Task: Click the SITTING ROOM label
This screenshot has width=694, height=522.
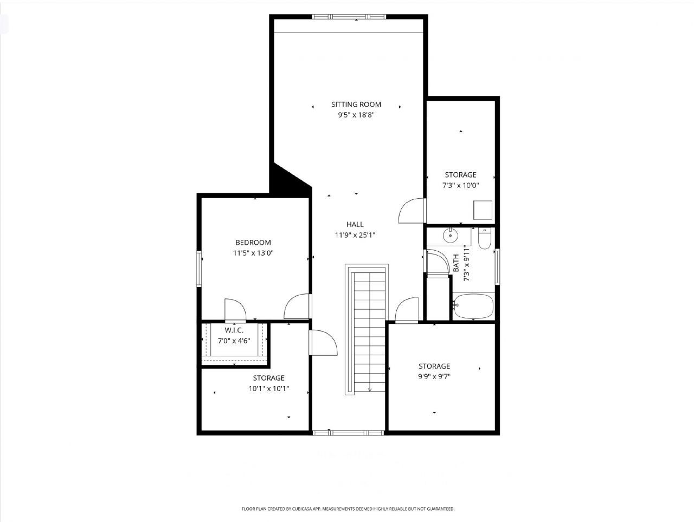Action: (356, 105)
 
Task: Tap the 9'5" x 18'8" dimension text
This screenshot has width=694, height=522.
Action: (356, 115)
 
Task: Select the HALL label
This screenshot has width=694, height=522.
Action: (355, 224)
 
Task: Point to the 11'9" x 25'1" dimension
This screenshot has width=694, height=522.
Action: (355, 235)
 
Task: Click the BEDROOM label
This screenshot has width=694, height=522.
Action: (253, 243)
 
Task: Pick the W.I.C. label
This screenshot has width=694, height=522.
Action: (234, 330)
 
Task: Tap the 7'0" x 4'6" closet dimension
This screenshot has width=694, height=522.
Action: (234, 341)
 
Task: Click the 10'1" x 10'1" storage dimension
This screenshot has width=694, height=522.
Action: (268, 388)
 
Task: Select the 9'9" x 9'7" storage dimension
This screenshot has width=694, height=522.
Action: (434, 377)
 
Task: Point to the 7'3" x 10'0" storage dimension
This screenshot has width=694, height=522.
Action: (461, 185)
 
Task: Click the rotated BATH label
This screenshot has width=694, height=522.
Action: (456, 263)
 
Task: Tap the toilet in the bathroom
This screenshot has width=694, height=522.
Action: (484, 238)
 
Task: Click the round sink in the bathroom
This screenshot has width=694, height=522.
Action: (450, 236)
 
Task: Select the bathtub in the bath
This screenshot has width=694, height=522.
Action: (473, 307)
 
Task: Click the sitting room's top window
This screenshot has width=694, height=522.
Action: (349, 16)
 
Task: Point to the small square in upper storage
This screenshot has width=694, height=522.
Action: (482, 210)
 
